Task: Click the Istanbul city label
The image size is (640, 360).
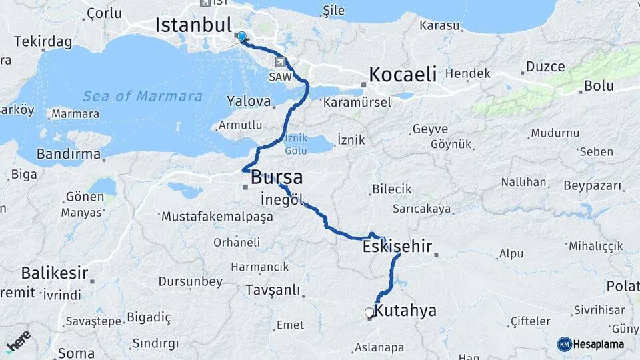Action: click(193, 25)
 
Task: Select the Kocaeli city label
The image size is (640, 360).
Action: click(403, 73)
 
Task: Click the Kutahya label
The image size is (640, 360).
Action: click(405, 311)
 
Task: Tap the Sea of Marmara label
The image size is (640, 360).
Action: click(142, 97)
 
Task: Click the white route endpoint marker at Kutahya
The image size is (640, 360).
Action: click(369, 312)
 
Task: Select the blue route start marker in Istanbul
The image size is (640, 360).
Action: click(241, 37)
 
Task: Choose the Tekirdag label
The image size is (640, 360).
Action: click(43, 41)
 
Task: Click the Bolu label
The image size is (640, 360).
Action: click(599, 86)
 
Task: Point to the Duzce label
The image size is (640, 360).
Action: click(545, 67)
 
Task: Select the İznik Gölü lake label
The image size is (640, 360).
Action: click(296, 145)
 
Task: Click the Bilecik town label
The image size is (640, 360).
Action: click(392, 189)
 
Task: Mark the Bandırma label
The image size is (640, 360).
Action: click(69, 155)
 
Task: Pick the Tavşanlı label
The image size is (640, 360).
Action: click(273, 291)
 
